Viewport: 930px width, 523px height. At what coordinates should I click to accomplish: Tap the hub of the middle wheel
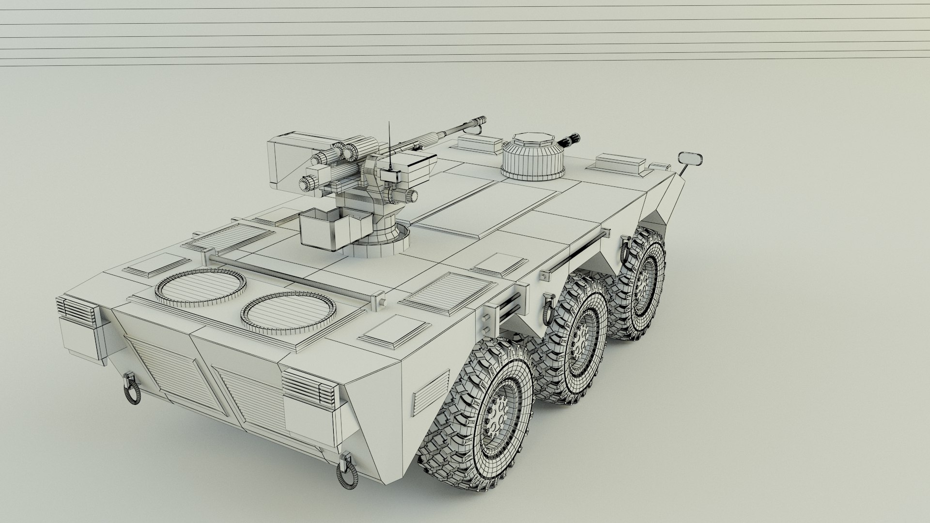pyautogui.click(x=580, y=338)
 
